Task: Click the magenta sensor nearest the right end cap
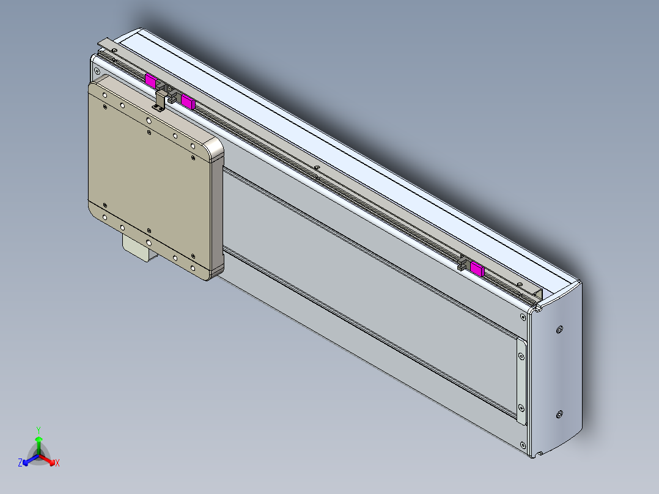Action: (x=477, y=270)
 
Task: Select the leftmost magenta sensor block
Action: (x=150, y=79)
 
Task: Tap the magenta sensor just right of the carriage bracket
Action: (x=188, y=101)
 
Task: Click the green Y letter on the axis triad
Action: (x=39, y=430)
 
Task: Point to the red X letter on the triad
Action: (x=57, y=463)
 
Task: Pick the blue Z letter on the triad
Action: (x=20, y=463)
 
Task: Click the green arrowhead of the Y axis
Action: (x=39, y=439)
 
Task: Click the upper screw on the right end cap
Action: (x=559, y=330)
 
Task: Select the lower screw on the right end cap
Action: (x=559, y=415)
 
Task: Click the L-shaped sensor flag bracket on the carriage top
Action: (x=161, y=100)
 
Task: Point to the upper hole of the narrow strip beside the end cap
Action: (x=521, y=355)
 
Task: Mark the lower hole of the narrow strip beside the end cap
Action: (x=521, y=407)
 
